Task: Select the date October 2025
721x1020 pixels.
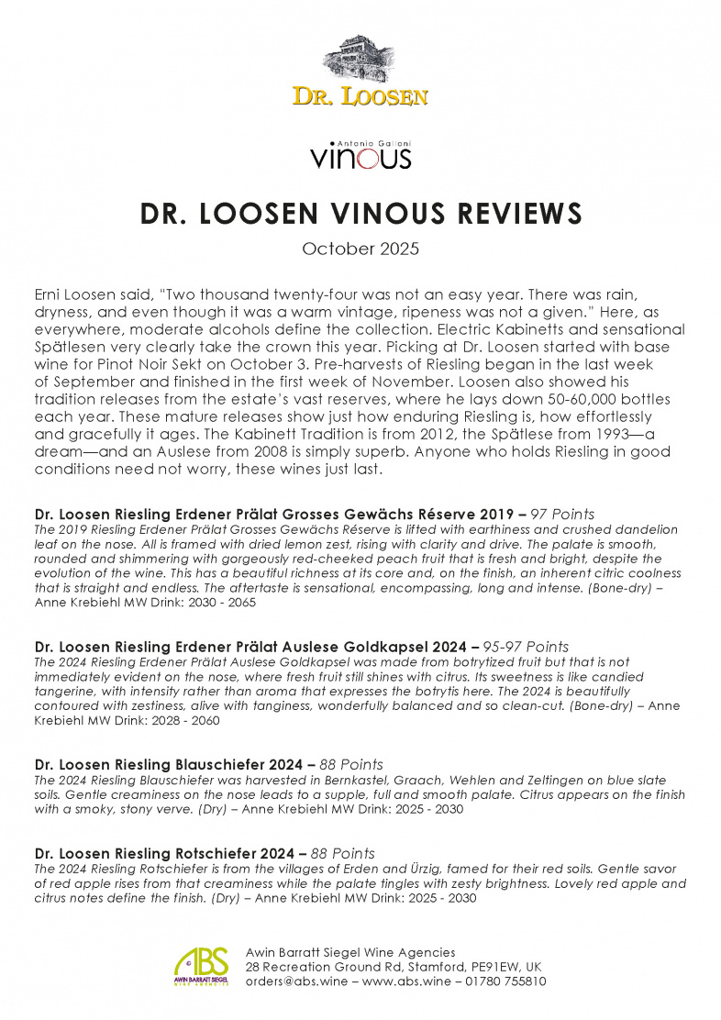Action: (360, 249)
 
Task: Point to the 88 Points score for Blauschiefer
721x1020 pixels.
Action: (352, 764)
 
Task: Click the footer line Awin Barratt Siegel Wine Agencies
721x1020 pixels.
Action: (350, 952)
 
